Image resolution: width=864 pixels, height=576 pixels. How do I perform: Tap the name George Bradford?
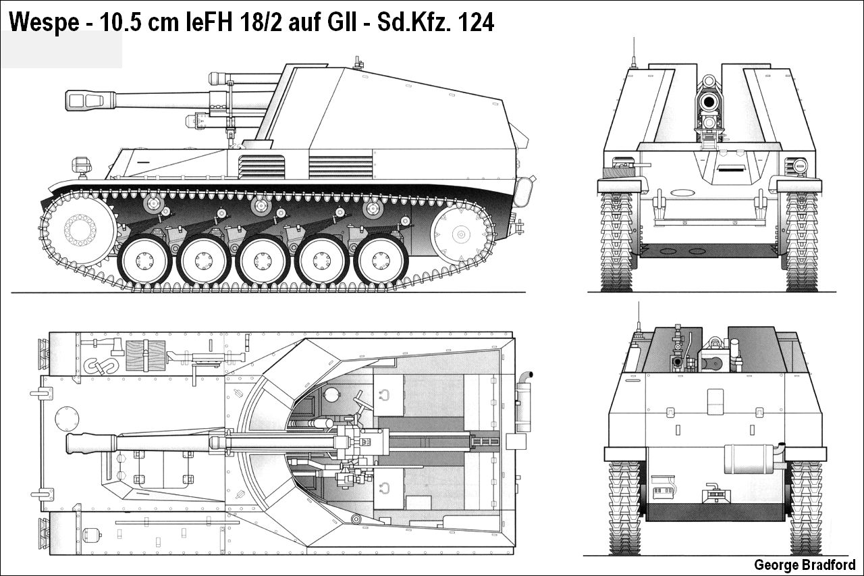coord(804,565)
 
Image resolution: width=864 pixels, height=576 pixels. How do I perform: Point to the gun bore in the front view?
coord(709,102)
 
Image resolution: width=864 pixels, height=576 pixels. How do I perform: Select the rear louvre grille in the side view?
coord(341,166)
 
